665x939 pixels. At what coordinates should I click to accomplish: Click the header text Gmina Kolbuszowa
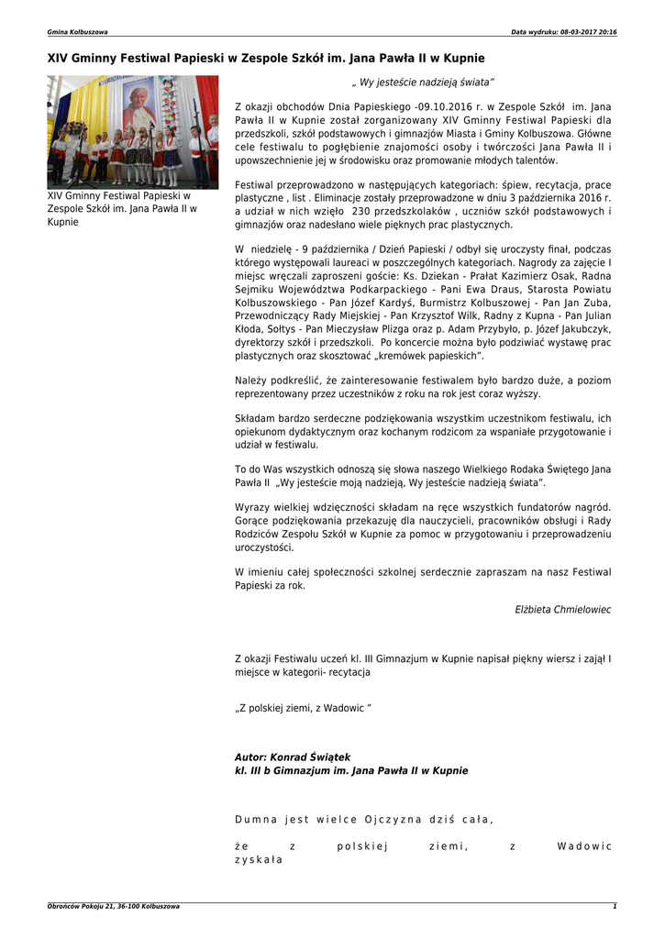tap(77, 32)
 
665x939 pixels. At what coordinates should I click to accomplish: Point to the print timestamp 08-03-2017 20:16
tap(587, 32)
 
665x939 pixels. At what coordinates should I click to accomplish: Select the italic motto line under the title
tap(423, 83)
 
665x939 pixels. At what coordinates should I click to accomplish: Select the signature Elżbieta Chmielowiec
tap(563, 609)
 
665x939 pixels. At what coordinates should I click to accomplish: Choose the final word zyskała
tap(259, 860)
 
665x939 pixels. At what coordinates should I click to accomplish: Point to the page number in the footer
tap(615, 906)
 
